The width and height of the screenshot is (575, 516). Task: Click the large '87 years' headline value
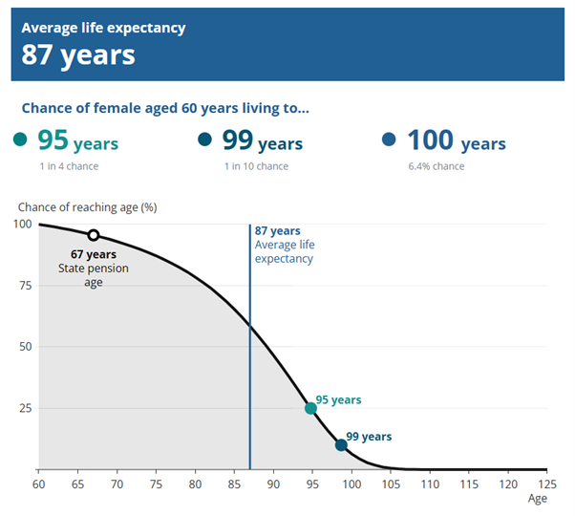point(78,55)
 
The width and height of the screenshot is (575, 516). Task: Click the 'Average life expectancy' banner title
point(103,28)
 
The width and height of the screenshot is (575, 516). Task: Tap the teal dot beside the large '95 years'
point(21,140)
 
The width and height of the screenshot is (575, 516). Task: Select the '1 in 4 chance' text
point(68,166)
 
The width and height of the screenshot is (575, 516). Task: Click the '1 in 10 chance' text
point(255,166)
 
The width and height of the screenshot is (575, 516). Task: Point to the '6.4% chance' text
point(436,166)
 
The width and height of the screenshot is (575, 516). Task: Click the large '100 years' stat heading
point(456,142)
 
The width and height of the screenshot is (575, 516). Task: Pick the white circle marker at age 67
point(93,235)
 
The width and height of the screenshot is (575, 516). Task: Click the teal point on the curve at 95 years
point(310,408)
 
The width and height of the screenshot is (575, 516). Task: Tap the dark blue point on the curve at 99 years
point(341,445)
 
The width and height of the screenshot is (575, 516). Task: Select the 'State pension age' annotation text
point(93,275)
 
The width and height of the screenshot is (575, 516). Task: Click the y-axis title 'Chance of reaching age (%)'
point(87,207)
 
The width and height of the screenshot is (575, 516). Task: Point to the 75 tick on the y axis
point(25,286)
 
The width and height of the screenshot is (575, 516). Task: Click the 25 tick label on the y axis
point(25,408)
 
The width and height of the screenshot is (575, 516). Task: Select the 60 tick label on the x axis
point(38,484)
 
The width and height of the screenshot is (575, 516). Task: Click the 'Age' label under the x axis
point(539,499)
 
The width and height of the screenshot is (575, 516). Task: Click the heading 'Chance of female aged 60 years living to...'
point(165,108)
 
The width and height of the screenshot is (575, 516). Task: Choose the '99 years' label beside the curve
point(369,437)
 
